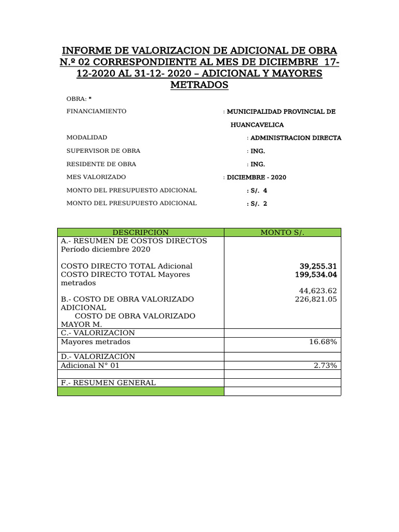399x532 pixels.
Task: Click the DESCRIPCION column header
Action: pos(140,233)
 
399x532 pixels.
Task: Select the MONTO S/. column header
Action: pos(282,233)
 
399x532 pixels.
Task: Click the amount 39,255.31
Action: pos(318,266)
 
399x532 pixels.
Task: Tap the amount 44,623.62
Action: pos(318,290)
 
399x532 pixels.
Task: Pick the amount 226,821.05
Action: pos(316,299)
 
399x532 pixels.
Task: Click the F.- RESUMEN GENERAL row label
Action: pos(108,383)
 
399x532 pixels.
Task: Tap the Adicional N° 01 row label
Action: pos(90,366)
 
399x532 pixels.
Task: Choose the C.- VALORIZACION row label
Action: pos(98,333)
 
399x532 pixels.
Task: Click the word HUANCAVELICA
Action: pos(257,125)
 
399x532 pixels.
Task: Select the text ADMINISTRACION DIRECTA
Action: pos(296,138)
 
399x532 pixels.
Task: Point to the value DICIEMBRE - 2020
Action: pos(256,177)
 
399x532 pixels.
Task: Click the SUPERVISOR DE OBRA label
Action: pos(103,151)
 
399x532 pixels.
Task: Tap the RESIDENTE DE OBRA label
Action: pos(101,164)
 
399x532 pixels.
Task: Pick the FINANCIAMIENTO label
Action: pos(96,112)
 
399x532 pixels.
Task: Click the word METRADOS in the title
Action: pos(199,85)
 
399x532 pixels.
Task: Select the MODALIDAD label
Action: pos(87,138)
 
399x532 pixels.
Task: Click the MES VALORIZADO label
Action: pos(96,177)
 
